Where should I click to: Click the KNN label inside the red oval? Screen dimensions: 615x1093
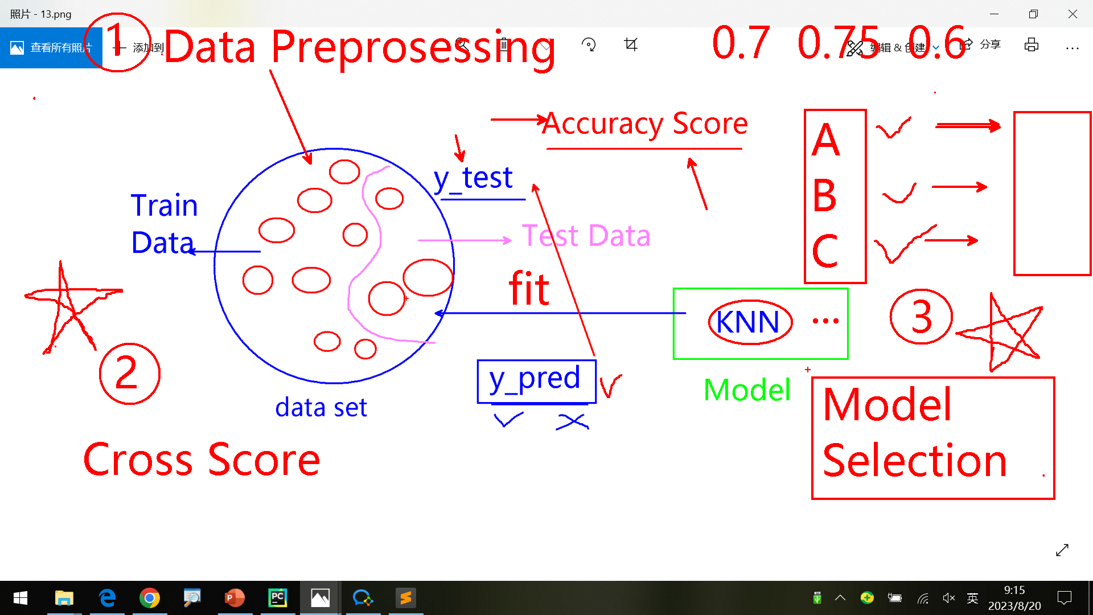(748, 322)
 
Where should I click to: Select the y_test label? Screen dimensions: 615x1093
(473, 178)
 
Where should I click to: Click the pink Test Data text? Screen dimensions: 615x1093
(586, 235)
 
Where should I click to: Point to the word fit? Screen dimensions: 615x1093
(529, 289)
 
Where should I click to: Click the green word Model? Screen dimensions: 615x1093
(747, 390)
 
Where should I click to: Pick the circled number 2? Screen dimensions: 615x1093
(129, 374)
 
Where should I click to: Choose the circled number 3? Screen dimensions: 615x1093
(921, 317)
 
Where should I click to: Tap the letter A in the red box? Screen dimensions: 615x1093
(825, 140)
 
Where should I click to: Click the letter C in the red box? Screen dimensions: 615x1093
(825, 251)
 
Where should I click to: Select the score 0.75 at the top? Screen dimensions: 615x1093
(839, 43)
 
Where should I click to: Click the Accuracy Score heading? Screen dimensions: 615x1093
(645, 124)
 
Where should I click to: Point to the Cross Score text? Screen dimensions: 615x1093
(202, 460)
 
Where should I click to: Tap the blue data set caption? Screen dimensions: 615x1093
(321, 408)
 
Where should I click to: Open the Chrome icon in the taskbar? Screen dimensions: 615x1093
(150, 598)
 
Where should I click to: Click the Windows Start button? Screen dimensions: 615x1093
(20, 598)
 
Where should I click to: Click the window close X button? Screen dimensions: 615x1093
(1073, 14)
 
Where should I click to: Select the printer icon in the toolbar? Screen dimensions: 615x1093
(1032, 45)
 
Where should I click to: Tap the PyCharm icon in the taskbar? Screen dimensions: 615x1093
(278, 598)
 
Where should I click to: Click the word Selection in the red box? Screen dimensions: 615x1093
(915, 461)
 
